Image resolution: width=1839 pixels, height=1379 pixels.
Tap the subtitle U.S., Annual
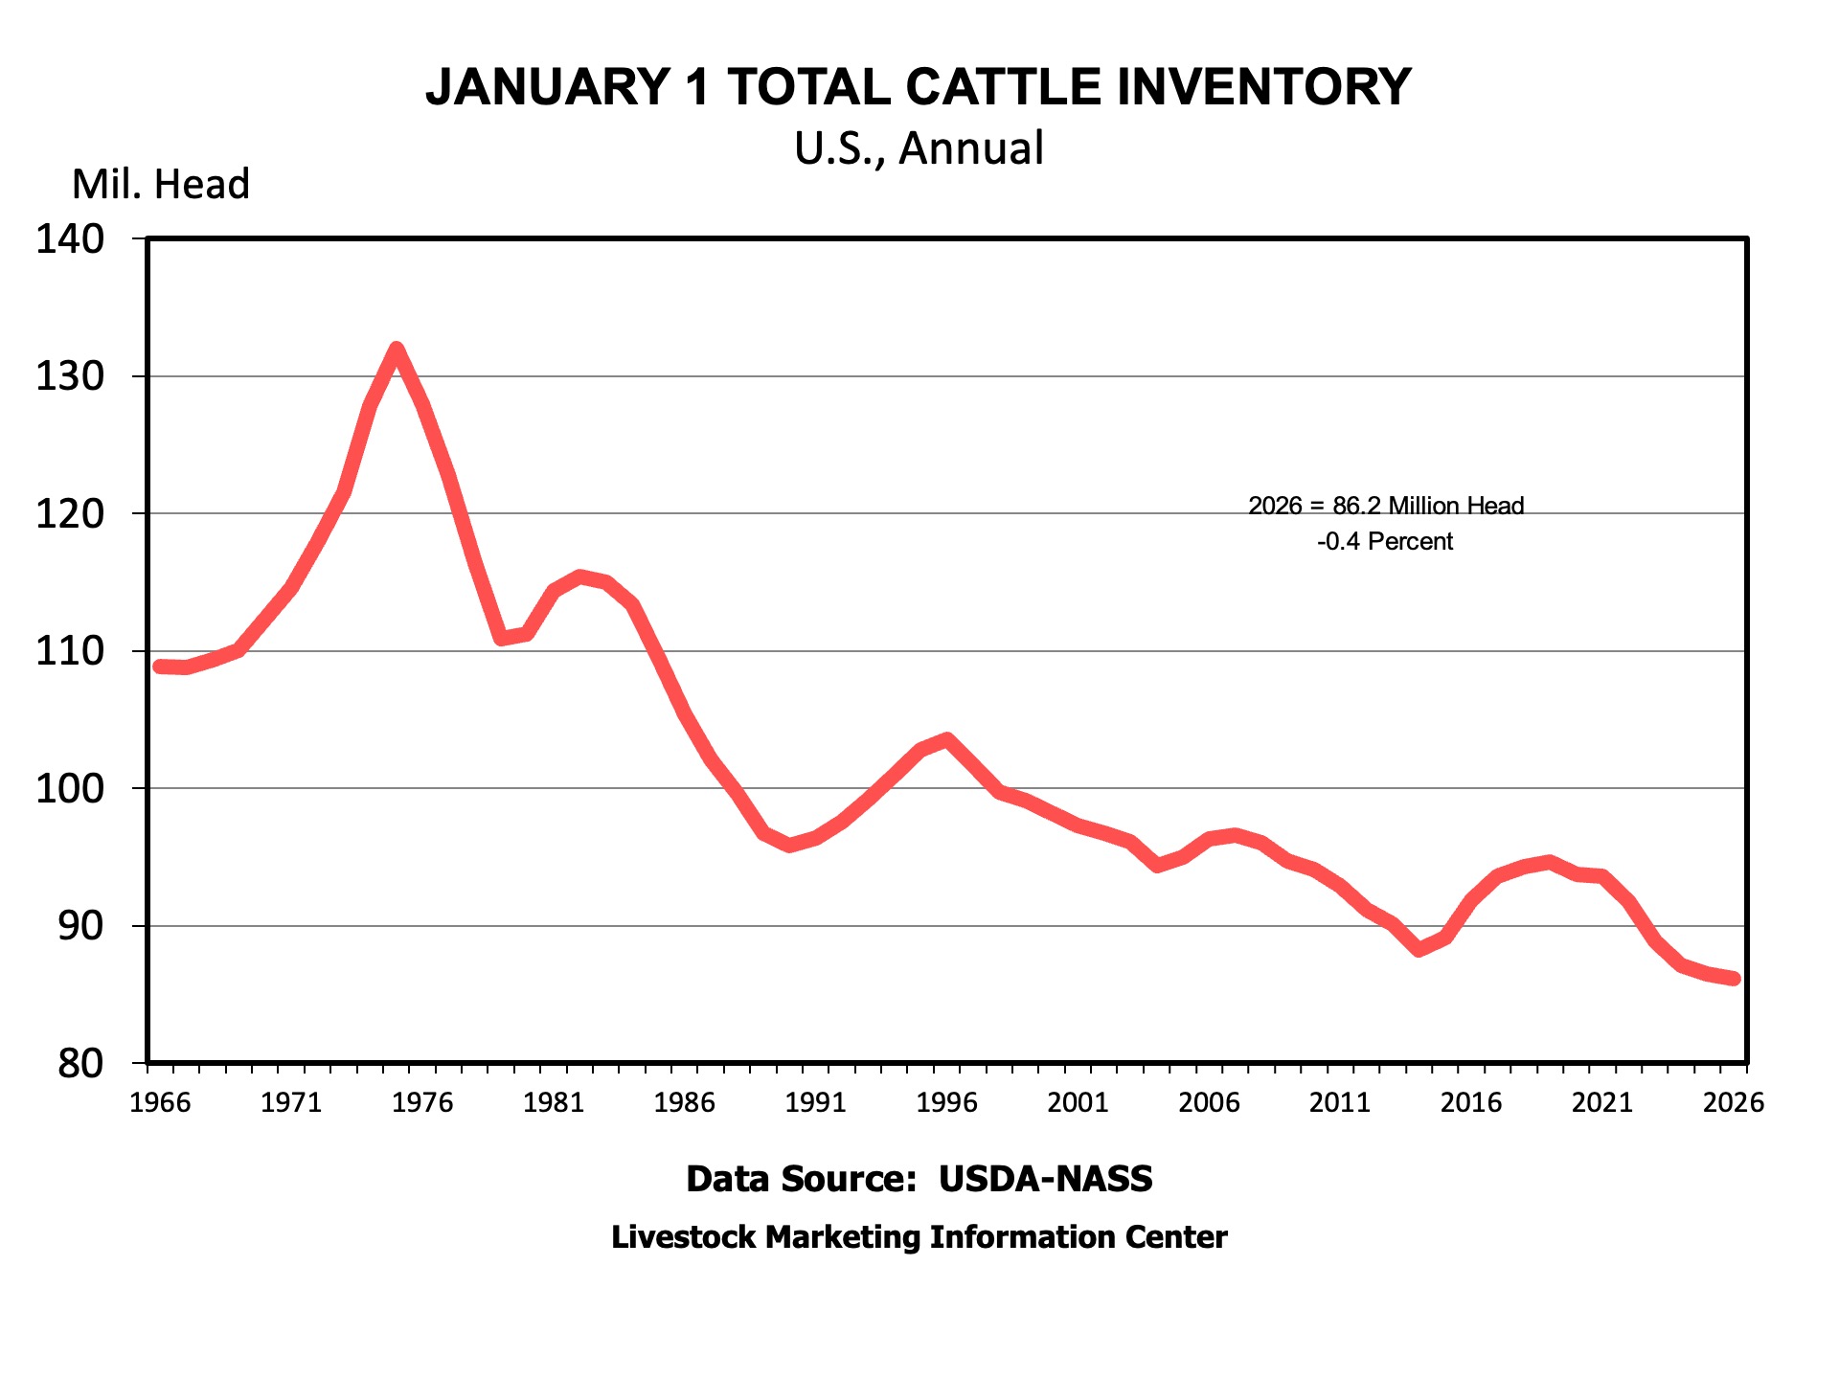[x=919, y=148]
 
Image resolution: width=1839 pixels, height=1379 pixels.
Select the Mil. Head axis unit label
[x=160, y=184]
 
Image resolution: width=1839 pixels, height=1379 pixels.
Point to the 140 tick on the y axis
[x=70, y=239]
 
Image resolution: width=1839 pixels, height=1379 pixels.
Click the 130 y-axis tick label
[x=70, y=376]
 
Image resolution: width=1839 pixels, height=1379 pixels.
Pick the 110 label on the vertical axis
[x=70, y=651]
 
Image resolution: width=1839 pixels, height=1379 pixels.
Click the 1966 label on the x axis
[x=160, y=1102]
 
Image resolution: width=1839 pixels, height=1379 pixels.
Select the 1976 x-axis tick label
[x=422, y=1102]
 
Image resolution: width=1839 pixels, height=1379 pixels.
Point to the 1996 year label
[x=946, y=1102]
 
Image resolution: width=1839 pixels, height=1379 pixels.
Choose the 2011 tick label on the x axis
[x=1340, y=1102]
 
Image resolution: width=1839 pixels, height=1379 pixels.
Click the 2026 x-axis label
[x=1733, y=1102]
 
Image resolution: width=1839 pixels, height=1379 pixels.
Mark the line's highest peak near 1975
[x=397, y=350]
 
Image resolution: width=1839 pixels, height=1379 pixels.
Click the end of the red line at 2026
[x=1734, y=979]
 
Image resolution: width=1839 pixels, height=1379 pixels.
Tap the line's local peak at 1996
[x=947, y=739]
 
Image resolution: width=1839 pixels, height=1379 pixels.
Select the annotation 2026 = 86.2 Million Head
[x=1386, y=506]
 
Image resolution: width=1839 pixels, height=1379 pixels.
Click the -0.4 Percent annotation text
[x=1385, y=542]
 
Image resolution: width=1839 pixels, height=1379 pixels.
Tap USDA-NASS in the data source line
[x=1045, y=1179]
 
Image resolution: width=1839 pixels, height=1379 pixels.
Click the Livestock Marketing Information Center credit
[x=919, y=1237]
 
